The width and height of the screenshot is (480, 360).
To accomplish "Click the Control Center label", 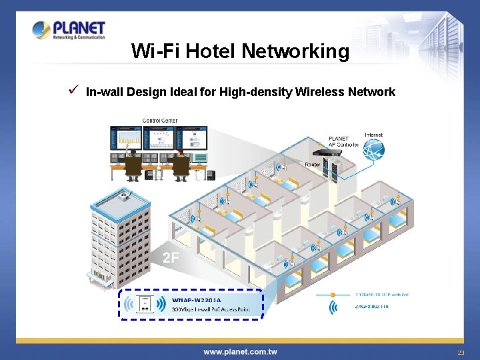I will (160, 121).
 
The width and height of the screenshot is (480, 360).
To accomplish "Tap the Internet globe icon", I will (373, 151).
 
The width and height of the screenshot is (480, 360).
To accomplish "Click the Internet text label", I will (374, 135).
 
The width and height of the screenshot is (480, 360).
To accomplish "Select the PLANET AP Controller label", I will (343, 142).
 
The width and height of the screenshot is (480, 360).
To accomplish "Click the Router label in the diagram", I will (312, 164).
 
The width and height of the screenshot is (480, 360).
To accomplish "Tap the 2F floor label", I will (171, 257).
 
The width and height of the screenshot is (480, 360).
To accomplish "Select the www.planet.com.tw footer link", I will (240, 351).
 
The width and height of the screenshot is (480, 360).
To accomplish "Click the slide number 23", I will (461, 352).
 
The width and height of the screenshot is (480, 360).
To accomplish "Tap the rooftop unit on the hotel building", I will (124, 194).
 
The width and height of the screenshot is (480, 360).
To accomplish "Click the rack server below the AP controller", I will (331, 170).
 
